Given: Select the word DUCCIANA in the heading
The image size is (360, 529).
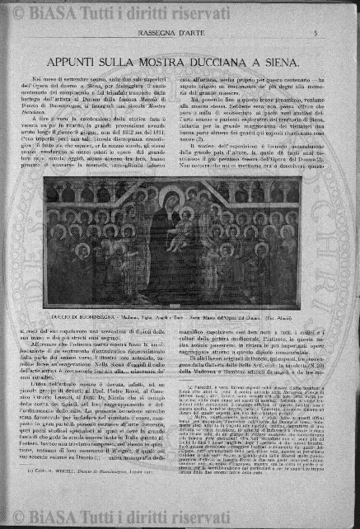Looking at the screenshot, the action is coord(239,61).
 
